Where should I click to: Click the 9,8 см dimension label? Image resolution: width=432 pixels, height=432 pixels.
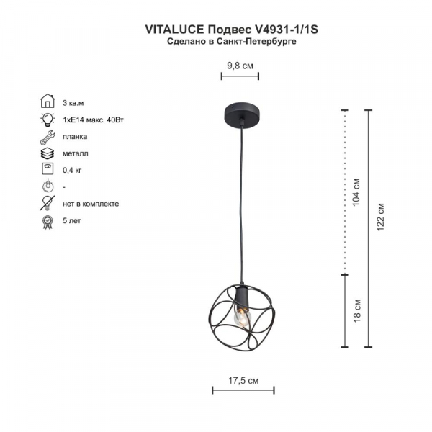240,65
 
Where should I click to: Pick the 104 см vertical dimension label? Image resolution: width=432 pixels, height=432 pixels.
356,192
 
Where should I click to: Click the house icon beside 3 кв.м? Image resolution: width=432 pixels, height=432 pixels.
48,101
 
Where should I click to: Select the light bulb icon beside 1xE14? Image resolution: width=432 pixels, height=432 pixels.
48,119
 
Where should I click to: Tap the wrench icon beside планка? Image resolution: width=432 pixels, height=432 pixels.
48,136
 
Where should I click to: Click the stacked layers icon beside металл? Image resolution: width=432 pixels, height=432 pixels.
48,153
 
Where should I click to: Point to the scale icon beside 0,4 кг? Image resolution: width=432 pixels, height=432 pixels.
48,170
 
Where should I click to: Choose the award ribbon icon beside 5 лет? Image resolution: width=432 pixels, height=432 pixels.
48,220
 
